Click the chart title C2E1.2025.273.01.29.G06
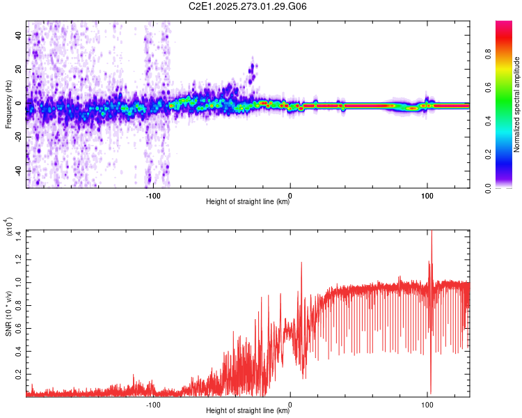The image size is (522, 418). click(248, 7)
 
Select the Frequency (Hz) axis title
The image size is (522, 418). click(8, 104)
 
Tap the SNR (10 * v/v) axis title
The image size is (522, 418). click(8, 313)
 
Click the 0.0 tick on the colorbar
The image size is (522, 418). click(489, 187)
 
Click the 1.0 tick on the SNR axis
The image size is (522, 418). click(19, 284)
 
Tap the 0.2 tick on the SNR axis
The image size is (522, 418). click(19, 374)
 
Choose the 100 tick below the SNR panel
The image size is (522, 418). click(427, 403)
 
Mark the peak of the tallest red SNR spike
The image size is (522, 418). click(432, 231)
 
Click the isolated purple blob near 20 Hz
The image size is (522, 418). click(251, 69)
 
